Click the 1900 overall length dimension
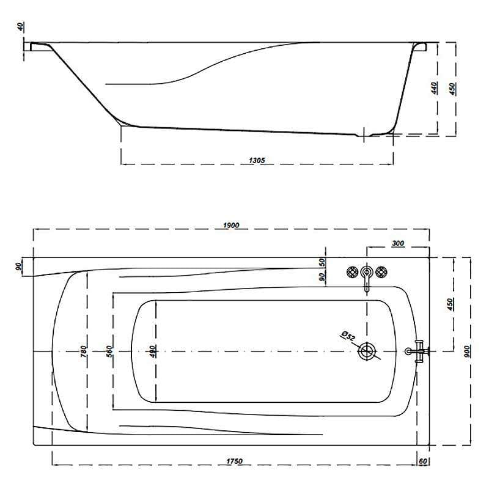(x=230, y=225)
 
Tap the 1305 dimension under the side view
(x=256, y=160)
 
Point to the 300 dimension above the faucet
(x=397, y=243)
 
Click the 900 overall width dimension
(x=468, y=352)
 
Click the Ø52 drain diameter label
(x=346, y=336)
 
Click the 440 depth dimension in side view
(x=434, y=89)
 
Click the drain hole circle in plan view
(x=367, y=351)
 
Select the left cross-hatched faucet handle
(x=352, y=272)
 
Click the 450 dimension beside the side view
(x=452, y=89)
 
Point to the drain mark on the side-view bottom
(x=365, y=134)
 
